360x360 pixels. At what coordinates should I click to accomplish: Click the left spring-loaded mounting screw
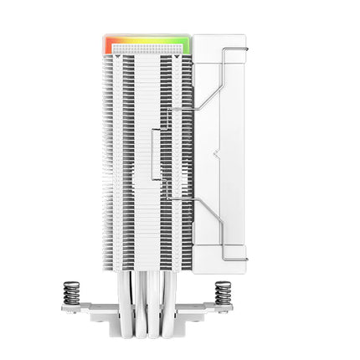click(71, 293)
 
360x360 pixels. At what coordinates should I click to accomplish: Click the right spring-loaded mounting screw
click(223, 293)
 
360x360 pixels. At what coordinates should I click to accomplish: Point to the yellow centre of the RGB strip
click(147, 37)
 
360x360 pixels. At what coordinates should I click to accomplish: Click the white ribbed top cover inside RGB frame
click(147, 49)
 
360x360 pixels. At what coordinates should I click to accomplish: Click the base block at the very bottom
click(147, 331)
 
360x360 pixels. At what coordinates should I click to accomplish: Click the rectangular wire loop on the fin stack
click(156, 155)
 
